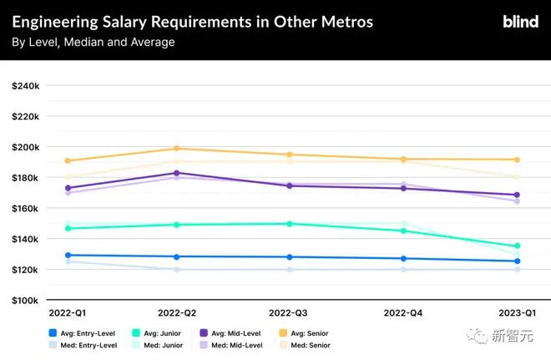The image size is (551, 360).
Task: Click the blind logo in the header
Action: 520,22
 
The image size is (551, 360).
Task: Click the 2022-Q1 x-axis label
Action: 67,312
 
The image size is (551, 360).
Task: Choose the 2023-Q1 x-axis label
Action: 516,312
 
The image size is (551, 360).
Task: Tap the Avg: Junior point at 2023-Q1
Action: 517,246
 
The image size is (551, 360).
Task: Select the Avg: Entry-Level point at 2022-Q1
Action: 68,255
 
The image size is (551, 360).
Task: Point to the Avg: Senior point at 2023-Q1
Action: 517,160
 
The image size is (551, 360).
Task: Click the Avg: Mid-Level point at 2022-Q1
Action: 68,188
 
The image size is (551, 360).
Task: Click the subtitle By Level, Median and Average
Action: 94,42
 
